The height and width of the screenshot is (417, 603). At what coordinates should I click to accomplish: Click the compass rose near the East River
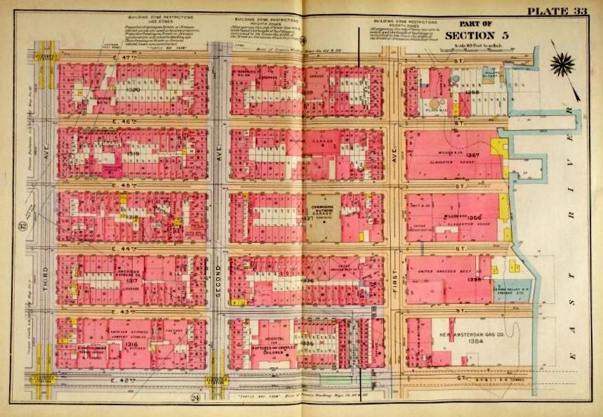coord(562,65)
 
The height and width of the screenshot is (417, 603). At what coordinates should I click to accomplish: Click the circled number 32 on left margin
coord(22,225)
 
